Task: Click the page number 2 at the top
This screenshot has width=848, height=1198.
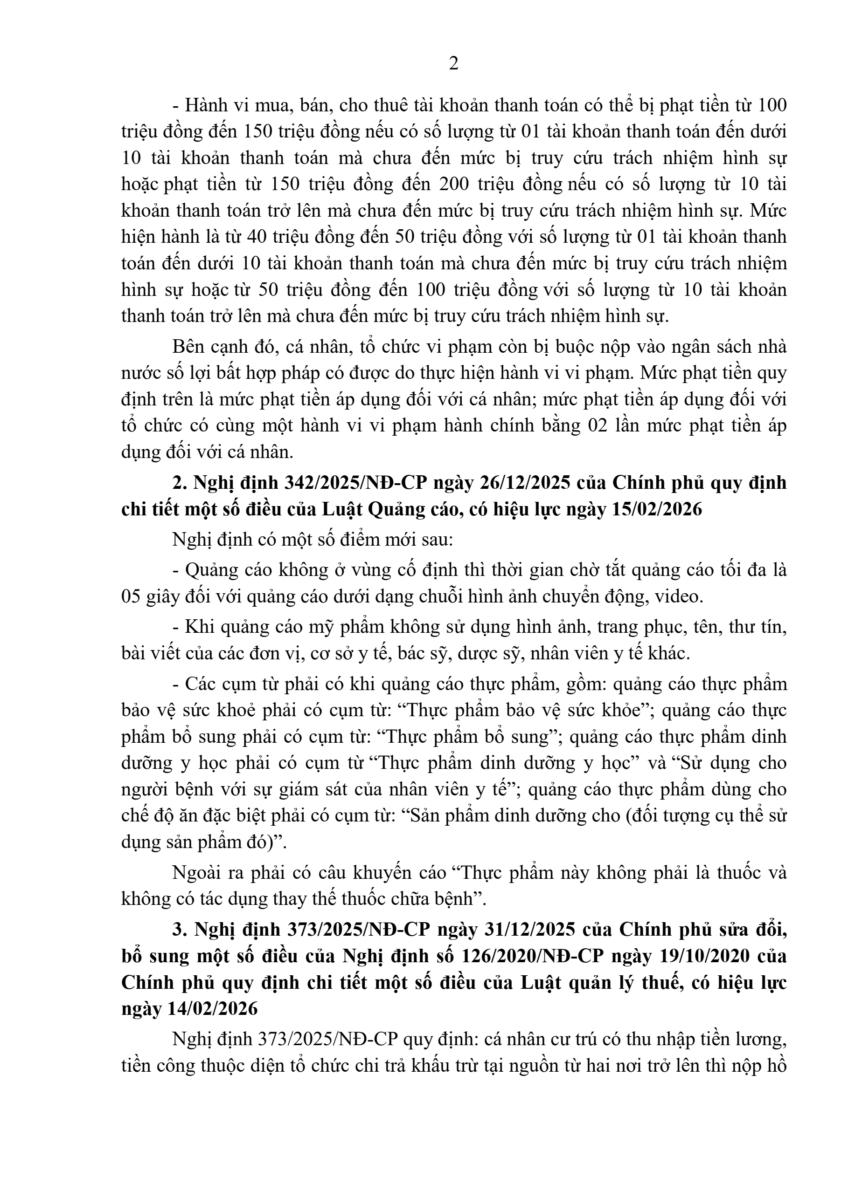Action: click(453, 64)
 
